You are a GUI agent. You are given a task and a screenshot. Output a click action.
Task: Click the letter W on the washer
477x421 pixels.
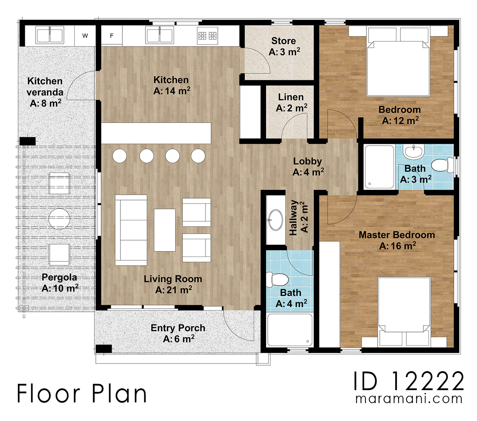click(x=85, y=36)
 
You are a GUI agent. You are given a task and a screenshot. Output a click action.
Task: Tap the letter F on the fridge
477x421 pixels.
click(x=112, y=36)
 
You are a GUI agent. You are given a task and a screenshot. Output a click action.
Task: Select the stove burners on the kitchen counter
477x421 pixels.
click(x=207, y=36)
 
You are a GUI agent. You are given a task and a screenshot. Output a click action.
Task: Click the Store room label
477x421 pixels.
click(x=284, y=46)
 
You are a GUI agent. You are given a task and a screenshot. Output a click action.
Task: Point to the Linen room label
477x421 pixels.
click(x=291, y=102)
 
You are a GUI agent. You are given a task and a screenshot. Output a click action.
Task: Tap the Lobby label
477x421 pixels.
click(x=308, y=167)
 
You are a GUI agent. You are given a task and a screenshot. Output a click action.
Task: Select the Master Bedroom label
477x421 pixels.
click(x=397, y=241)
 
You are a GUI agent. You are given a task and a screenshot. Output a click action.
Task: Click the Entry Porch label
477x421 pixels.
click(x=178, y=333)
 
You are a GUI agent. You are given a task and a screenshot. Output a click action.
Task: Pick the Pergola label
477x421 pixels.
click(x=60, y=283)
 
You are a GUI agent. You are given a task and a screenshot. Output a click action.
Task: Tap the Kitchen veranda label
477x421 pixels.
click(x=45, y=92)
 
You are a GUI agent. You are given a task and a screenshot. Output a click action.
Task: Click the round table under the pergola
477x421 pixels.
click(x=59, y=219)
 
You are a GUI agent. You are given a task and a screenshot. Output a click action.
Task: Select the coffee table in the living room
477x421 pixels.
click(x=165, y=230)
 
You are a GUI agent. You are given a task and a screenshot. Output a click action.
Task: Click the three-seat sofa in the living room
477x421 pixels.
click(x=131, y=230)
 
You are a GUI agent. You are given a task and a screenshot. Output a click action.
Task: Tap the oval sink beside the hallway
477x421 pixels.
click(x=276, y=220)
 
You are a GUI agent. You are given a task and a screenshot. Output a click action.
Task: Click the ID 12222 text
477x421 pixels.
click(x=409, y=381)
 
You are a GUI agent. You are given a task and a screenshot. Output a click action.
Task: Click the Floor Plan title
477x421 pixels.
click(x=82, y=394)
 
